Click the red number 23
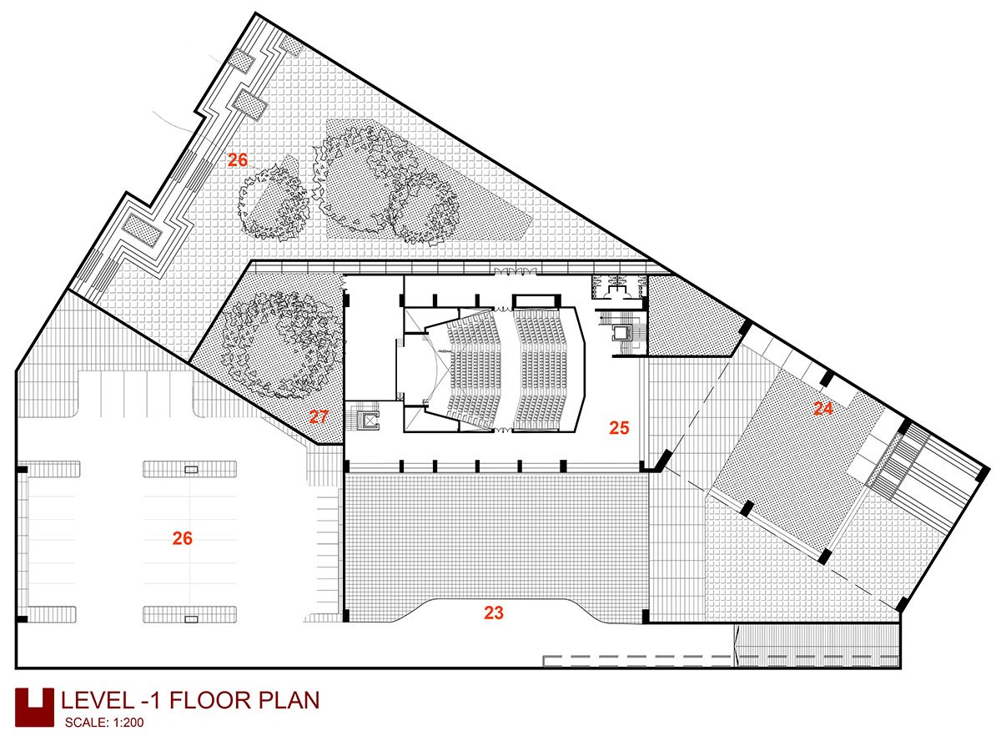tap(493, 612)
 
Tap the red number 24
tap(823, 409)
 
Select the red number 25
tap(619, 427)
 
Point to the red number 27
tap(319, 416)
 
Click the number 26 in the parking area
tap(183, 538)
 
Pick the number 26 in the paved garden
tap(238, 159)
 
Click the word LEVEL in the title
tap(98, 700)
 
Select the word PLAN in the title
tap(289, 700)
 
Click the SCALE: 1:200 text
tap(104, 723)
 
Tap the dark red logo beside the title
tap(34, 708)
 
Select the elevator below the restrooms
tap(621, 333)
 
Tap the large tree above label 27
tap(281, 345)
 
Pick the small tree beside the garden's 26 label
tap(274, 204)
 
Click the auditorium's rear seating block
tap(541, 369)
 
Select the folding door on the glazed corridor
tap(515, 271)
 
